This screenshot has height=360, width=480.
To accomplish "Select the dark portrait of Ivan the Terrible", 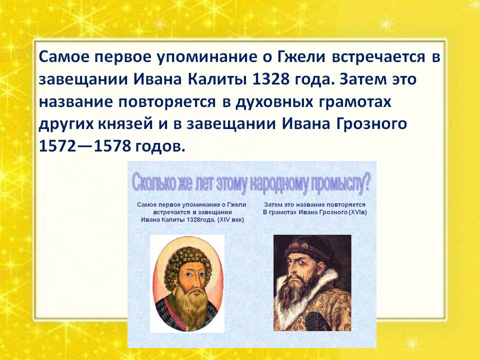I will tap(312, 282).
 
